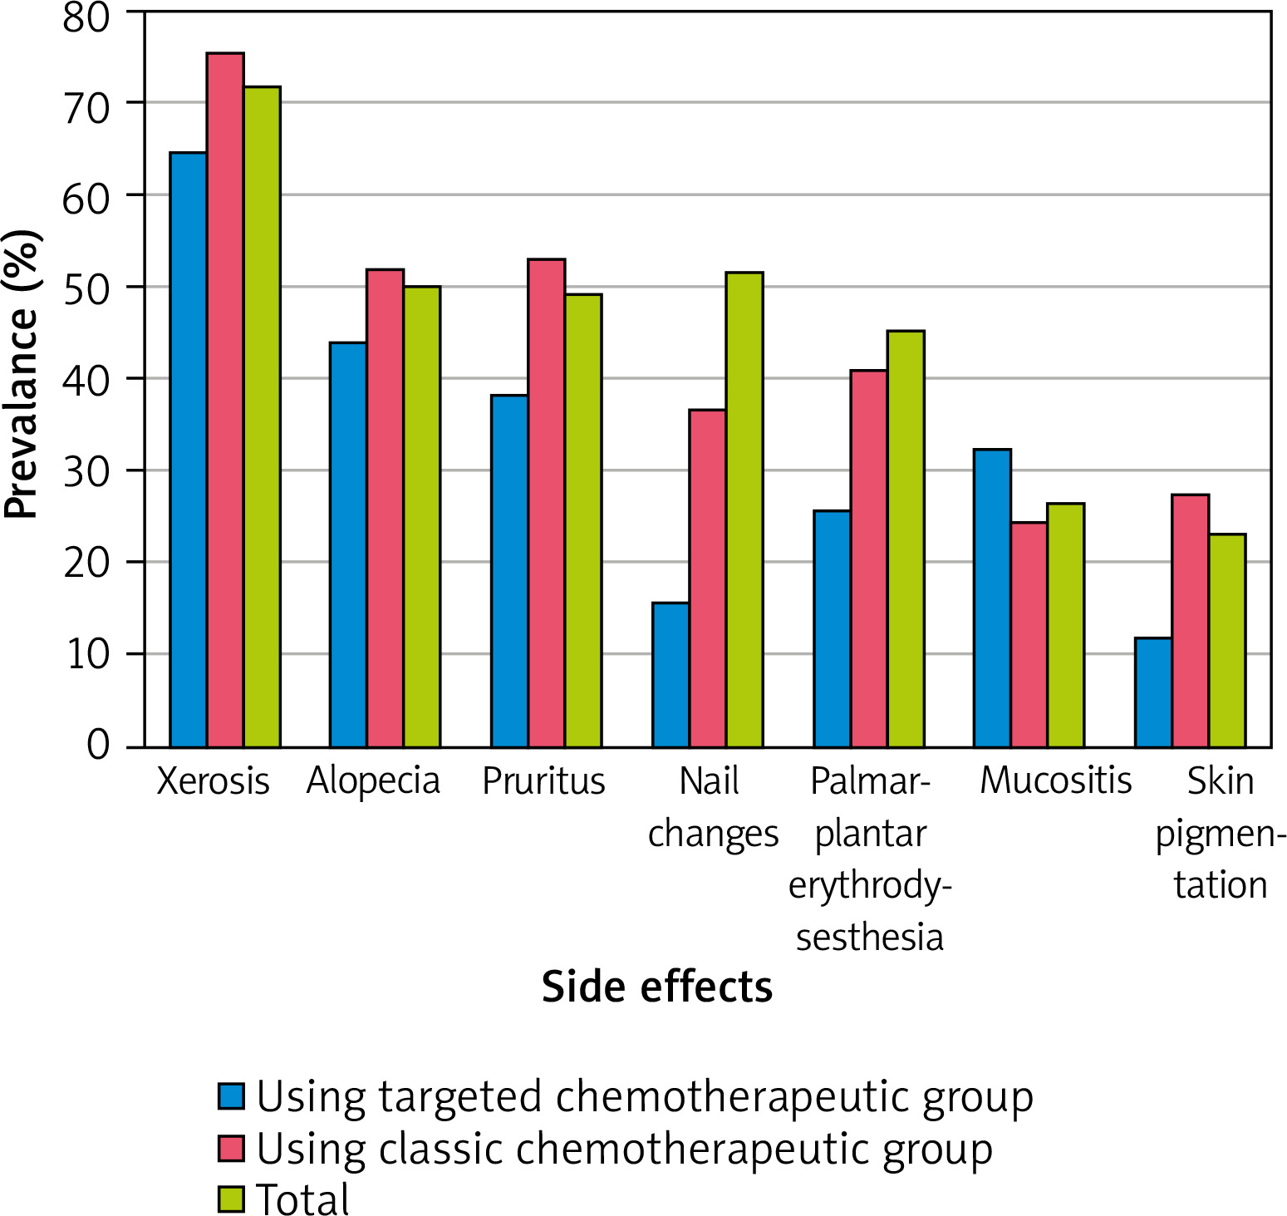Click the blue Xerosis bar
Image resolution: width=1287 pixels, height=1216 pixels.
click(189, 449)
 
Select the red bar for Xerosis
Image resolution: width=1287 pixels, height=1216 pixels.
click(225, 399)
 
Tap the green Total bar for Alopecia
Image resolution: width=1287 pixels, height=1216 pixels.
click(422, 515)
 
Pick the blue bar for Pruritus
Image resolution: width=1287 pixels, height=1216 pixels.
click(509, 570)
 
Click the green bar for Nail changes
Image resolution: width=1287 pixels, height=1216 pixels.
click(744, 509)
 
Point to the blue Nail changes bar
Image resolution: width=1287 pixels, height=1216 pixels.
click(671, 674)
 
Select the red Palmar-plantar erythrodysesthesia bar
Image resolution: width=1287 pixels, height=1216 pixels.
click(868, 558)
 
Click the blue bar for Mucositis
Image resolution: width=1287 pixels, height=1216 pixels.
click(992, 598)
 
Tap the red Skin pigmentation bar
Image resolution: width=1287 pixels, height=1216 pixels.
click(1190, 620)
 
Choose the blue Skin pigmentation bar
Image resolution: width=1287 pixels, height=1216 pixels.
click(1153, 692)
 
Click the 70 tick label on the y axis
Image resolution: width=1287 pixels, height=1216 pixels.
click(86, 107)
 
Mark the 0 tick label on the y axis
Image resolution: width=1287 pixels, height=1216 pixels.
click(98, 745)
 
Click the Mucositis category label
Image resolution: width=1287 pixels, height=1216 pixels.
click(1055, 781)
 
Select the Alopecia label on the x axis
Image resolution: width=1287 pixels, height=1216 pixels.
click(373, 781)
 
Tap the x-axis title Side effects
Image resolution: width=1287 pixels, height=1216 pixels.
click(656, 987)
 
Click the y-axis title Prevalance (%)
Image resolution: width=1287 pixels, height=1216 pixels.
click(22, 374)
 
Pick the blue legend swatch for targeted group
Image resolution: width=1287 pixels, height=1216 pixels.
click(232, 1096)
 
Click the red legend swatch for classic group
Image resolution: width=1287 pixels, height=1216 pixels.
click(232, 1148)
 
